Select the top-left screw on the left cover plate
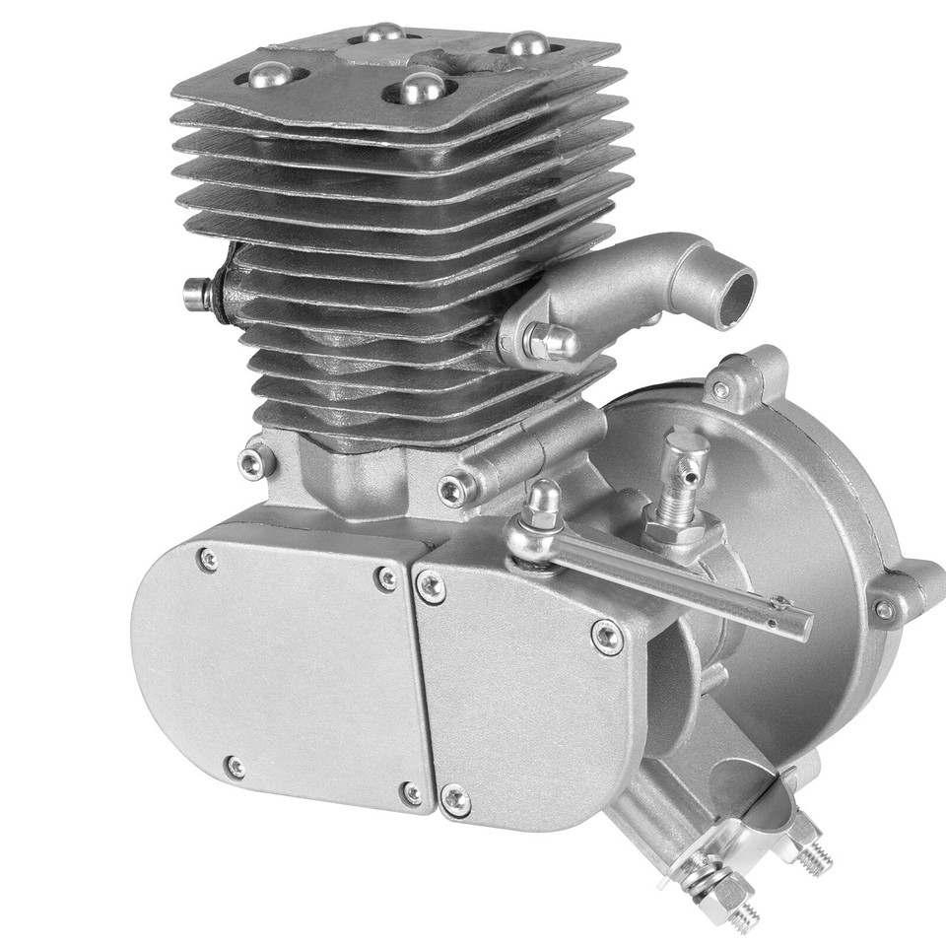click(208, 560)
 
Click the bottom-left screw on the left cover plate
click(235, 766)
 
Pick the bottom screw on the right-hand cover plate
click(454, 798)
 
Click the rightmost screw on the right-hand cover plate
click(607, 637)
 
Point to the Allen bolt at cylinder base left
click(255, 461)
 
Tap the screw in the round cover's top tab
click(722, 390)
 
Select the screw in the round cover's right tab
click(884, 611)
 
